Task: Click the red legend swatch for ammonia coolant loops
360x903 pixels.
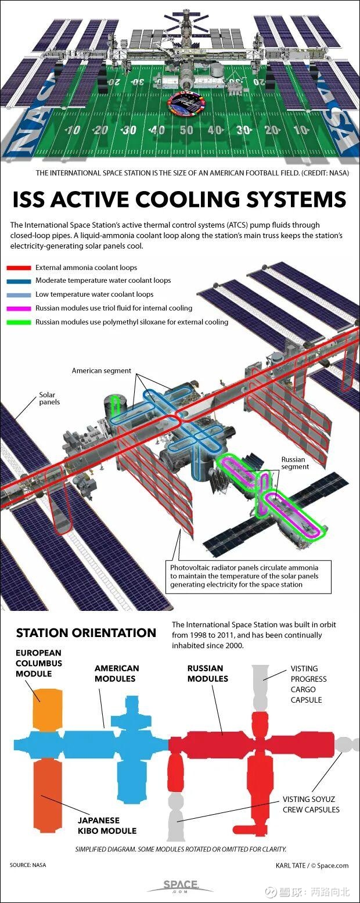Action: [19, 268]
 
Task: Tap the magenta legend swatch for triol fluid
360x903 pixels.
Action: [19, 308]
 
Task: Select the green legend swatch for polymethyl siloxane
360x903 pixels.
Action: [19, 322]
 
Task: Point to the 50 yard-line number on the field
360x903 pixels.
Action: [186, 130]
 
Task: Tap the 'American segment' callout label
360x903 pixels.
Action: [102, 370]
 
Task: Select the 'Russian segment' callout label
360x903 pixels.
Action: [295, 463]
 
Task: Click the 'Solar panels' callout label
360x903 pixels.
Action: [49, 398]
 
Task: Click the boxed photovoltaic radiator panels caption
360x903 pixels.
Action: [249, 576]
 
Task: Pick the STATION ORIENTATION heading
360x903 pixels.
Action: [86, 632]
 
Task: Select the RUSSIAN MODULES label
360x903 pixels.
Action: [208, 673]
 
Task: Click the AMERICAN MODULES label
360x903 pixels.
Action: [117, 673]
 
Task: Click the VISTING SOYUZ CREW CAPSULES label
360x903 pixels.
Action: [311, 804]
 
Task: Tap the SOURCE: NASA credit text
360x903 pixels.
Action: [28, 865]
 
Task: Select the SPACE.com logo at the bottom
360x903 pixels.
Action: [181, 885]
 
